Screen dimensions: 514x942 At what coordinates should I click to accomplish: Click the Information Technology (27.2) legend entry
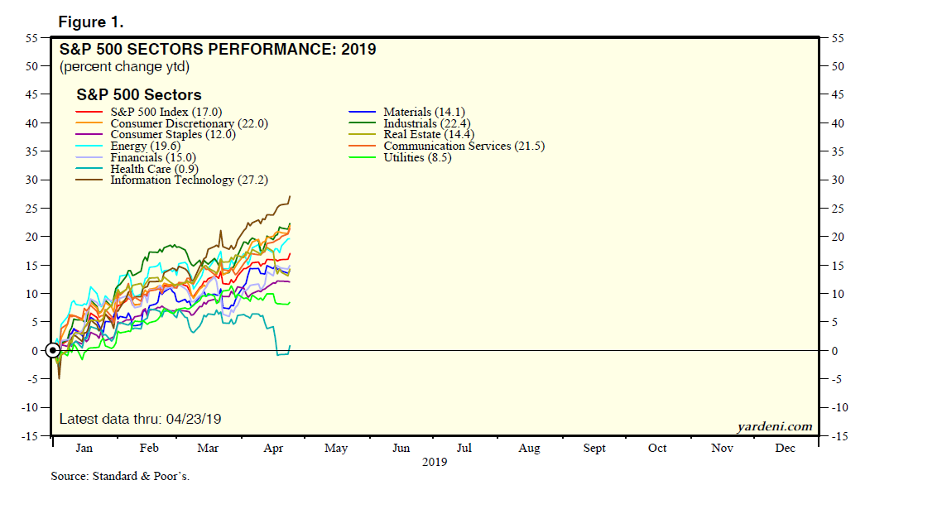click(189, 180)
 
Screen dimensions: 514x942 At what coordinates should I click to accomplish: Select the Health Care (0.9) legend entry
click(154, 169)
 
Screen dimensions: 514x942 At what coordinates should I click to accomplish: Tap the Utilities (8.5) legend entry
click(416, 157)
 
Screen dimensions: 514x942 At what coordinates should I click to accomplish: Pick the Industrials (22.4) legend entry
click(426, 123)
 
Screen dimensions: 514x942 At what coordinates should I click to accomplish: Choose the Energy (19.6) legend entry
click(146, 146)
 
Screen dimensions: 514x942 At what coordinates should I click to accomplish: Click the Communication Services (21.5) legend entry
click(464, 146)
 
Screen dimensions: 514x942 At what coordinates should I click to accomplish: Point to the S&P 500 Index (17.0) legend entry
click(166, 112)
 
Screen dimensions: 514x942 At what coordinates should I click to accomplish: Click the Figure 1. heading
click(91, 22)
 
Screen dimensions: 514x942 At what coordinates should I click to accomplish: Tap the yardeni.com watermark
click(774, 426)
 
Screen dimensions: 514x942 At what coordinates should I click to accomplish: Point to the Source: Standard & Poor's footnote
click(120, 477)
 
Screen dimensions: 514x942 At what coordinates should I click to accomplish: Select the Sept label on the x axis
click(594, 449)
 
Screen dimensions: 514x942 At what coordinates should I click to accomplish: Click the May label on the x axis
click(335, 449)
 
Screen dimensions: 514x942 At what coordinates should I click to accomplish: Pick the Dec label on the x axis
click(785, 449)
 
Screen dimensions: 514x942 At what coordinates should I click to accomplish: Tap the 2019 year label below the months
click(434, 462)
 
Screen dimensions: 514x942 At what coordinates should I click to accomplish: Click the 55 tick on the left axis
click(32, 38)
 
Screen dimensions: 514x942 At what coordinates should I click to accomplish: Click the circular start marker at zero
click(52, 350)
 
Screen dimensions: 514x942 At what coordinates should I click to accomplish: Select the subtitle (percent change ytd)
click(124, 66)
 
